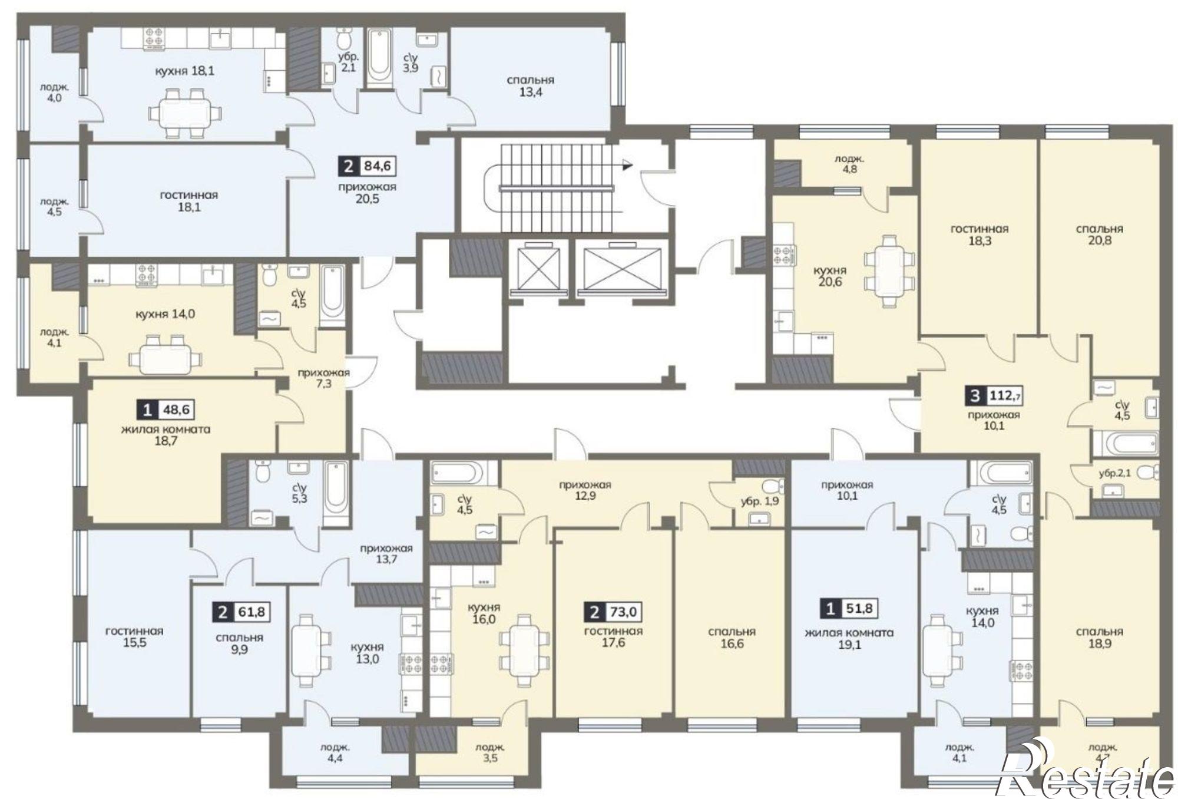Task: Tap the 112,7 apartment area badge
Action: (993, 395)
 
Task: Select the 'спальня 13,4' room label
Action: (530, 85)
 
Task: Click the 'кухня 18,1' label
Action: (184, 71)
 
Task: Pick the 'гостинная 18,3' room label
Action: (979, 234)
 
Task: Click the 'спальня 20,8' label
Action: (1099, 234)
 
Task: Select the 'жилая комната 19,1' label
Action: (849, 638)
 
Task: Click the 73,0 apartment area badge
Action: (613, 612)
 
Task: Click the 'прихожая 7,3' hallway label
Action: (323, 378)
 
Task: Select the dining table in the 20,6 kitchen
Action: (889, 270)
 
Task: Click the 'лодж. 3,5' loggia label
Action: (490, 752)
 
